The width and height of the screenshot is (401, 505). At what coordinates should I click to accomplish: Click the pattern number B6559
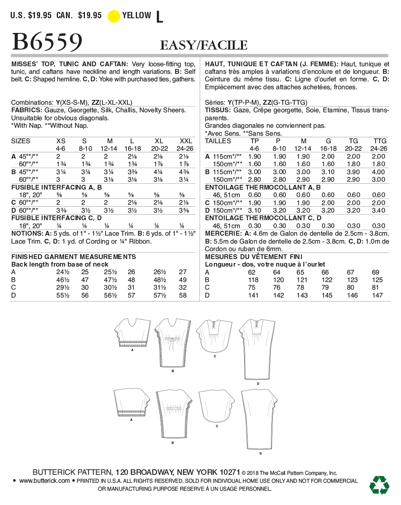[47, 42]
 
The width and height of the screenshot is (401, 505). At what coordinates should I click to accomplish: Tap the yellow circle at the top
[114, 16]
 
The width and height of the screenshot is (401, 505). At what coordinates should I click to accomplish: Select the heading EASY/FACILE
[204, 46]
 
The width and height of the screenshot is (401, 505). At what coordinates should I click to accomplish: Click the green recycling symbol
[379, 485]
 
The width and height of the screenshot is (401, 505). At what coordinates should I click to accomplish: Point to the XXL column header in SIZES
[186, 141]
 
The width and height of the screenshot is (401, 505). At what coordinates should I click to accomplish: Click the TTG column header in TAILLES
[380, 141]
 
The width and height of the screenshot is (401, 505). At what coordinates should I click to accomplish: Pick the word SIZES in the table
[21, 141]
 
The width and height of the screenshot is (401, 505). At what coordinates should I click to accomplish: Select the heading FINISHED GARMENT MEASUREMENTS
[73, 257]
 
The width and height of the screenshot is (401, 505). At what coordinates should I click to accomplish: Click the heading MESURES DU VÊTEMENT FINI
[254, 257]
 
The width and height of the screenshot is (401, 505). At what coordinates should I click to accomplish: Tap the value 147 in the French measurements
[377, 295]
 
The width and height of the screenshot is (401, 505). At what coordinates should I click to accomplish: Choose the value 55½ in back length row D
[63, 295]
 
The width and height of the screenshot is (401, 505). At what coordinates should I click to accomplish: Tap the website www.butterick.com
[44, 481]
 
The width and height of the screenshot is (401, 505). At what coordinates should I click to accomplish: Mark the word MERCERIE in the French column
[223, 234]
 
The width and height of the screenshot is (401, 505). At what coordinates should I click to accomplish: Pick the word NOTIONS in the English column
[27, 234]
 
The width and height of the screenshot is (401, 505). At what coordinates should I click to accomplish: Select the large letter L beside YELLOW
[160, 17]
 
